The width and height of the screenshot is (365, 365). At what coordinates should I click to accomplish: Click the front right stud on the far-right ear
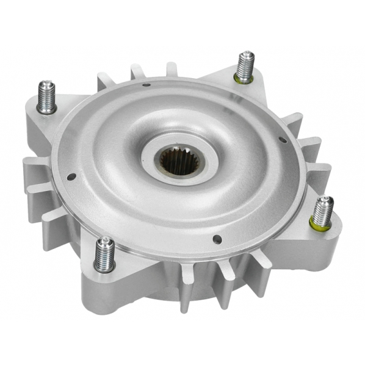pyautogui.click(x=322, y=211)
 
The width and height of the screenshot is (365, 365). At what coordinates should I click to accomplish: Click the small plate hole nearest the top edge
pyautogui.click(x=146, y=85)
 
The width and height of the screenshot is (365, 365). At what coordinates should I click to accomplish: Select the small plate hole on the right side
pyautogui.click(x=282, y=140)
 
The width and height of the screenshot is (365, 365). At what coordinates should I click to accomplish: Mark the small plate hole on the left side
pyautogui.click(x=72, y=177)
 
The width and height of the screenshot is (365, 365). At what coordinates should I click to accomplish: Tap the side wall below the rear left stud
pyautogui.click(x=37, y=131)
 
